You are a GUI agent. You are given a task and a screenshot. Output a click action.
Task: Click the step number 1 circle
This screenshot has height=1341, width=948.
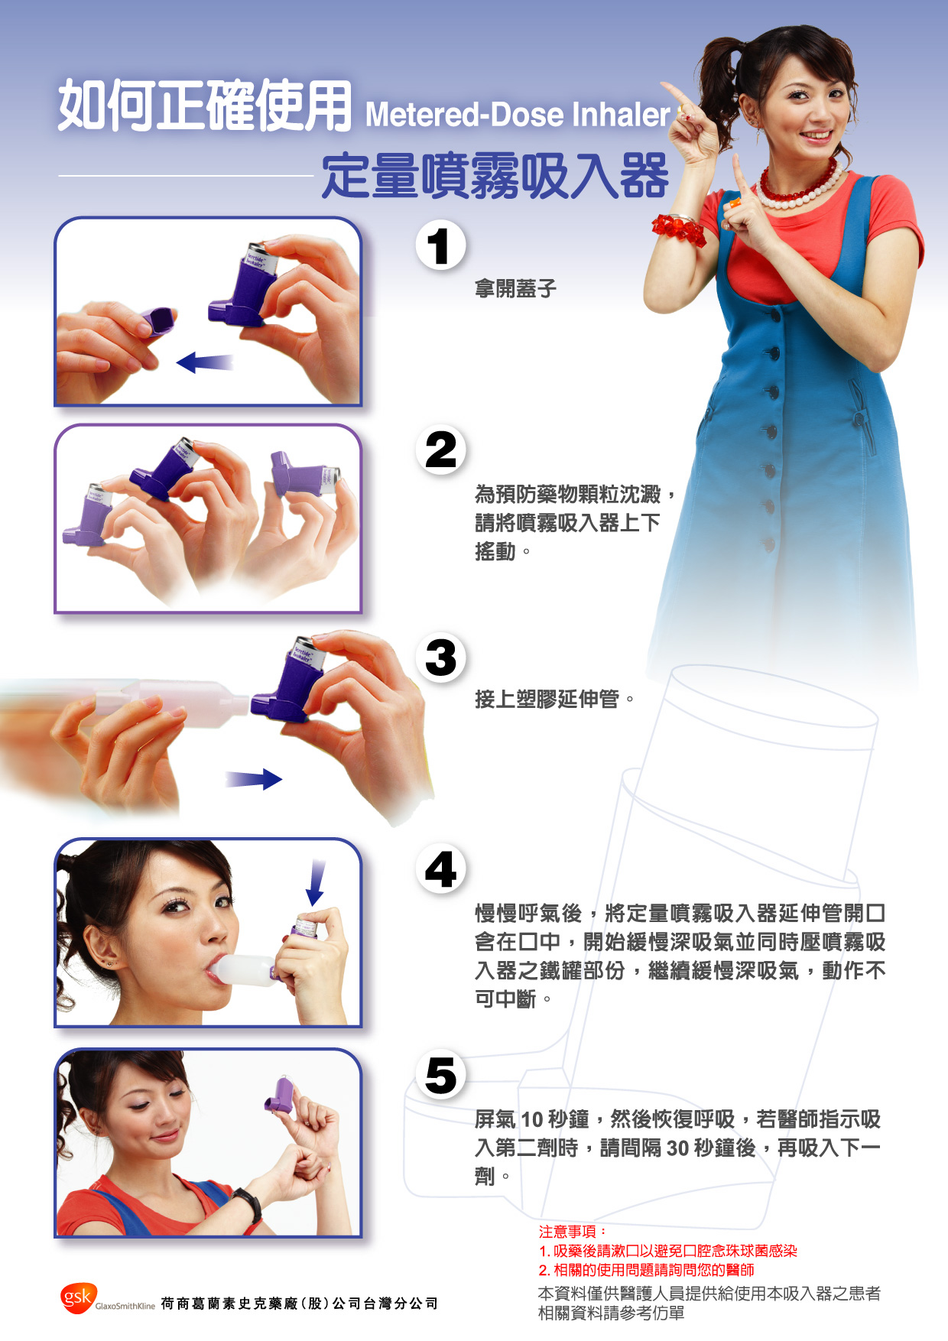click(x=440, y=245)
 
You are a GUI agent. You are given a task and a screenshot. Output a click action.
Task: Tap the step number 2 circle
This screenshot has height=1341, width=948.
click(x=440, y=450)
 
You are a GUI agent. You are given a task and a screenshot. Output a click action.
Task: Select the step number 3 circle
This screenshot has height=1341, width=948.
click(x=440, y=658)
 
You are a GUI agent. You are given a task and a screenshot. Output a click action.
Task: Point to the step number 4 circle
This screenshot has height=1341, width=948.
click(x=440, y=869)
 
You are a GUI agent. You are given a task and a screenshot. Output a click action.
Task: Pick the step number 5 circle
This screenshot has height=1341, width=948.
click(x=440, y=1075)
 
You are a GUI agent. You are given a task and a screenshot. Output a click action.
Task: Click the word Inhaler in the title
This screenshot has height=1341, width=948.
click(x=621, y=115)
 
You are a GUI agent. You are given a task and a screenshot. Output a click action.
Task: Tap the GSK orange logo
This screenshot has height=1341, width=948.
click(x=78, y=1297)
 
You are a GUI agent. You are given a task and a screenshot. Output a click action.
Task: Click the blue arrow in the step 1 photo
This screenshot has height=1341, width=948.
click(x=204, y=362)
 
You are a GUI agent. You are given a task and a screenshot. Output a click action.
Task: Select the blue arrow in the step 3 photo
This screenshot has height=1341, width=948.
click(x=254, y=779)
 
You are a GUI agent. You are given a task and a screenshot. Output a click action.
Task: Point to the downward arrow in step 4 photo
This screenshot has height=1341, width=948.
click(x=315, y=882)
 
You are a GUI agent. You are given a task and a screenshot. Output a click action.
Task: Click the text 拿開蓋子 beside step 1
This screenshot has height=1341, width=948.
click(x=515, y=289)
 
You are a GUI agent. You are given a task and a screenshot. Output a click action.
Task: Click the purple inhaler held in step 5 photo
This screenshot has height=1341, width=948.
click(x=279, y=1094)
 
